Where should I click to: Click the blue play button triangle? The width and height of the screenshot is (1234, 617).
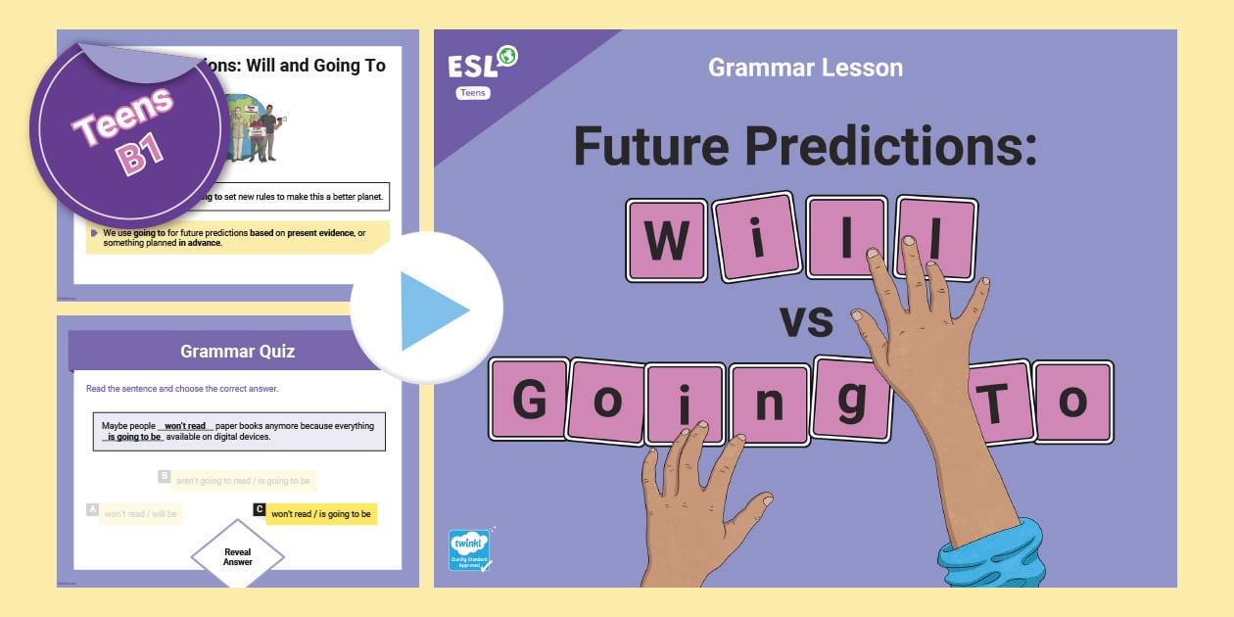432,310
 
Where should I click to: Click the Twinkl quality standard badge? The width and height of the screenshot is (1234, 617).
469,550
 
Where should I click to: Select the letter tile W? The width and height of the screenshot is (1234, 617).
667,241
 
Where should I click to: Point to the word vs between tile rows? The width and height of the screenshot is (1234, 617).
805,320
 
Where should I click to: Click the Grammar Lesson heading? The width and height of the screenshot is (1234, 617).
805,68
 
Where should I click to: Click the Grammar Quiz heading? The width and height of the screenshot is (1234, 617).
238,351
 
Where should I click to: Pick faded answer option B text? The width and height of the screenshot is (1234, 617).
243,481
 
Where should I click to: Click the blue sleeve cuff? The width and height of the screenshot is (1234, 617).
990,557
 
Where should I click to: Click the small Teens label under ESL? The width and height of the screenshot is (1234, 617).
474,93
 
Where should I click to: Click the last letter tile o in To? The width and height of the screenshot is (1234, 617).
1073,401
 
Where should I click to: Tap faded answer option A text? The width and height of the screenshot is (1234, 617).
140,513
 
